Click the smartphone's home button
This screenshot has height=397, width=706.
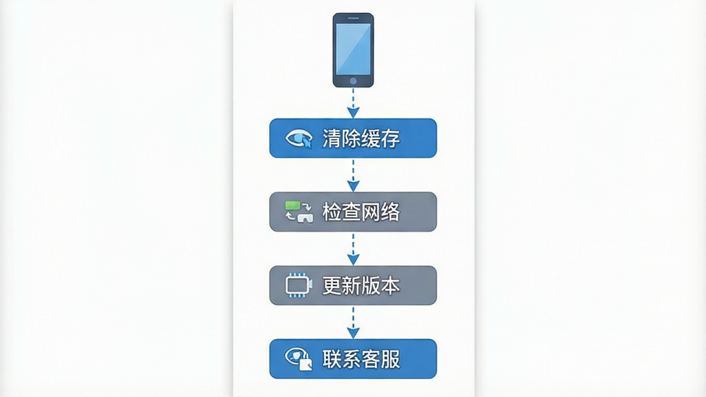[353, 81]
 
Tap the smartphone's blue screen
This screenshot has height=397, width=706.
[353, 49]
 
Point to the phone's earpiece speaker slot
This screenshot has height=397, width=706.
[353, 18]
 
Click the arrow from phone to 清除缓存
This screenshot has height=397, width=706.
[353, 103]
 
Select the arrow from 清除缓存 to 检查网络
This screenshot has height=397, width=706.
[353, 175]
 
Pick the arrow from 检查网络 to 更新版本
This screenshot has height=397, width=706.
[353, 249]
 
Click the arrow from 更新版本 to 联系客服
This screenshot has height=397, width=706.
[353, 323]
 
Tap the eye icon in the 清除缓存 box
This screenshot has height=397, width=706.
[299, 138]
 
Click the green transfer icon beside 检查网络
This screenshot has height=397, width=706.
[299, 212]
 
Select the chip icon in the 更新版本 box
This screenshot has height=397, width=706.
[299, 285]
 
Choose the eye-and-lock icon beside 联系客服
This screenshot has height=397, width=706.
[299, 358]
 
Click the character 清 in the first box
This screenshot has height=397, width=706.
[332, 138]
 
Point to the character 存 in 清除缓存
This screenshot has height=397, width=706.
[390, 138]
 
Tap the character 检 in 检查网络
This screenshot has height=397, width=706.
[332, 212]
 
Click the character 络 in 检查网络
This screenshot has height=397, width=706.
[390, 212]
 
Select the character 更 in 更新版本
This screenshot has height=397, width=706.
[332, 285]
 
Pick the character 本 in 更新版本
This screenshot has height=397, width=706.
[390, 285]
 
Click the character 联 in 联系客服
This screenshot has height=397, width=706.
[332, 359]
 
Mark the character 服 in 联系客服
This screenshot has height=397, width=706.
[390, 359]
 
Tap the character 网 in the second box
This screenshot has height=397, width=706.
[370, 212]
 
